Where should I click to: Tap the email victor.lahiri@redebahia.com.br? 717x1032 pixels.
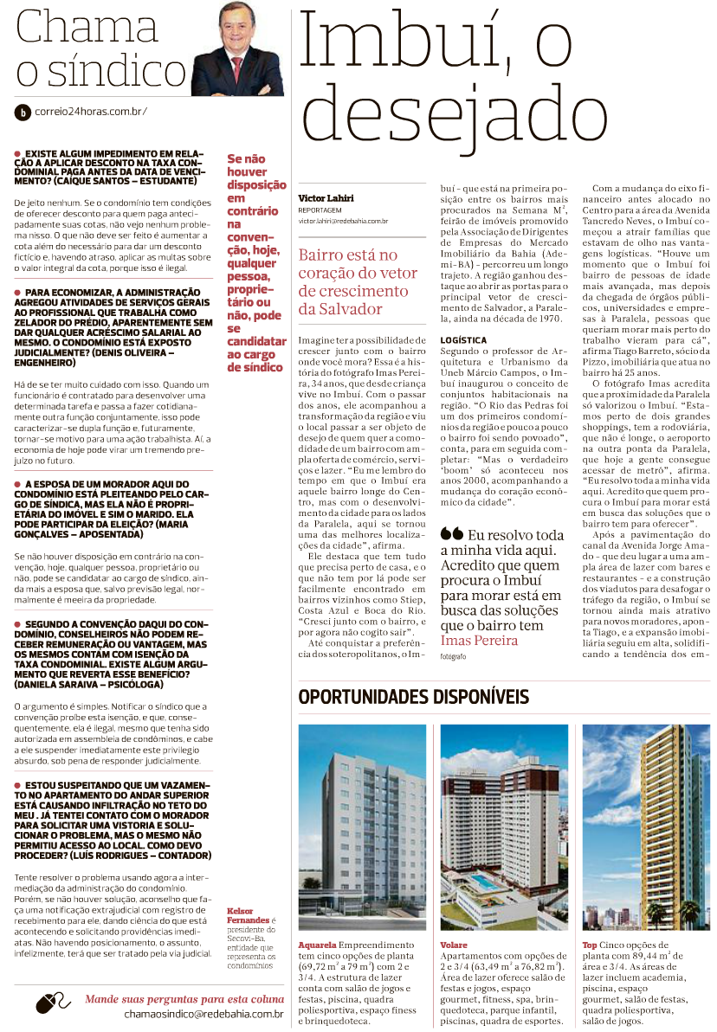pos(343,222)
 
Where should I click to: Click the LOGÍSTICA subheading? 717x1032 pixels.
pos(463,340)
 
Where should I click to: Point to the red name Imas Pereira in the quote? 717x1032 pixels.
pos(479,641)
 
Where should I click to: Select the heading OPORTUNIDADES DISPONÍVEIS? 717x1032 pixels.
pos(413,697)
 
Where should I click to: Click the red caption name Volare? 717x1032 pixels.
pos(454,945)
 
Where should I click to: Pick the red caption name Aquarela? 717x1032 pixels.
pos(318,945)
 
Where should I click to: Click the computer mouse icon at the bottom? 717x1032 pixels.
pos(54,1004)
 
